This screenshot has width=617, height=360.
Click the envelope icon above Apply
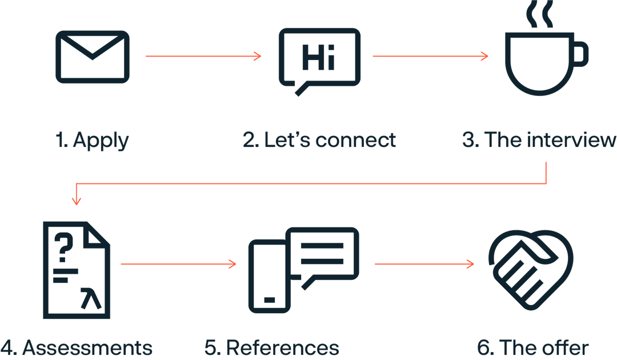[92, 57]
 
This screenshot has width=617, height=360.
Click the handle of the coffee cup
[579, 54]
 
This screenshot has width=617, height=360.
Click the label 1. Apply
[92, 140]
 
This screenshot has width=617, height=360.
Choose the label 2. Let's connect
[319, 140]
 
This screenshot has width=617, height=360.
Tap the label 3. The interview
[539, 140]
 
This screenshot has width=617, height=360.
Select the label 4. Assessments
[77, 347]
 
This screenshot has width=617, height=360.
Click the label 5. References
[272, 347]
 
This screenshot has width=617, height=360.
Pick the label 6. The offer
[533, 347]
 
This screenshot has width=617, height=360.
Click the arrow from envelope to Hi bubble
[203, 56]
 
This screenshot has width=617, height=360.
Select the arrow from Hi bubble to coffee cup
[430, 56]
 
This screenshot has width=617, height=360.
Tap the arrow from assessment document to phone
[178, 264]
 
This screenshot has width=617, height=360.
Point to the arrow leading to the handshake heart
[424, 264]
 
